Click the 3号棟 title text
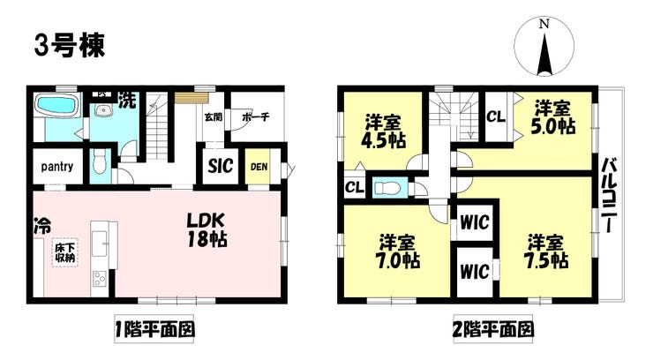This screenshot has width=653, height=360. click(69, 45)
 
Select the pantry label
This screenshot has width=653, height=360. click(56, 166)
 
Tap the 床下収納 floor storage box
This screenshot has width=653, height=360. click(64, 252)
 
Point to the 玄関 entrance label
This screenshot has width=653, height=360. click(213, 116)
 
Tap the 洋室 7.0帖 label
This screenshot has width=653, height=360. click(399, 251)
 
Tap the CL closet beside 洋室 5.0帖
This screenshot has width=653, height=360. click(496, 116)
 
